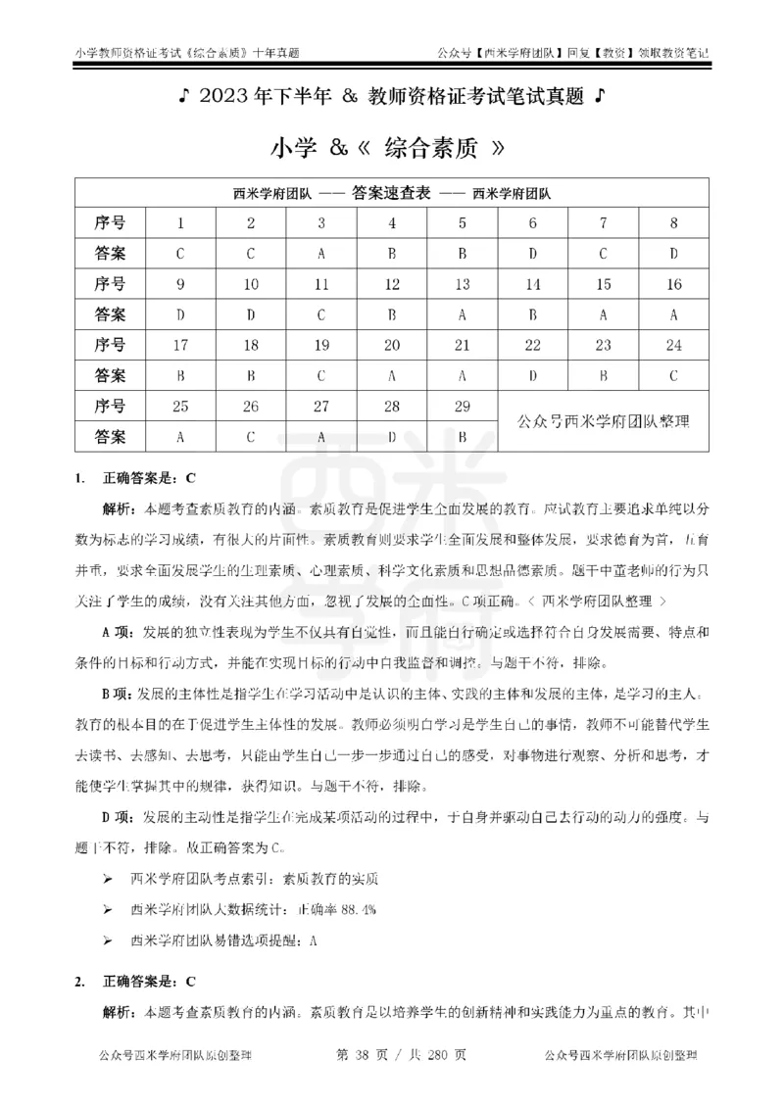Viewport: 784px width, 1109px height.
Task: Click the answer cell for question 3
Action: click(x=321, y=255)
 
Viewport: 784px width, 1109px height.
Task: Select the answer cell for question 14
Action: click(x=533, y=315)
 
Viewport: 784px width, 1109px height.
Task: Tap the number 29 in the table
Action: click(x=462, y=407)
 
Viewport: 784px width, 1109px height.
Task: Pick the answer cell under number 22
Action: click(x=533, y=374)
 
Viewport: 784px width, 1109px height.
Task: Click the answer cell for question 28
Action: click(x=392, y=437)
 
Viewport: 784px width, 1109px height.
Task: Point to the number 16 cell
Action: click(x=674, y=285)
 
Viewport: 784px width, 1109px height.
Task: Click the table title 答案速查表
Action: click(x=391, y=194)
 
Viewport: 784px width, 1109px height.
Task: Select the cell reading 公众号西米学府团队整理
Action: click(x=604, y=421)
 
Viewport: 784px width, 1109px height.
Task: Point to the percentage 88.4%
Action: click(x=357, y=910)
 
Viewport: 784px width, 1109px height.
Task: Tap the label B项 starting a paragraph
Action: click(x=119, y=695)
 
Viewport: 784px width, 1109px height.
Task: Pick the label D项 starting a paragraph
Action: click(x=119, y=816)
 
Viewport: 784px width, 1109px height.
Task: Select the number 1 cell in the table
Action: click(x=180, y=224)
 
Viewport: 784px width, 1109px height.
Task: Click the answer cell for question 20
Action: click(x=392, y=374)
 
